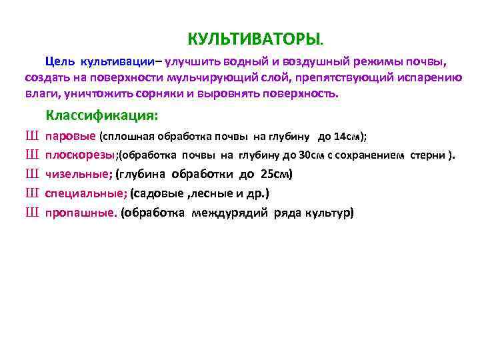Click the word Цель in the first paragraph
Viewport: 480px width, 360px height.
click(x=60, y=63)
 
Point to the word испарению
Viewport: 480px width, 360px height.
click(x=430, y=78)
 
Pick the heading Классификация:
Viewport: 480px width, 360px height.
click(x=101, y=115)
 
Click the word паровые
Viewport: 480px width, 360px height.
click(x=71, y=137)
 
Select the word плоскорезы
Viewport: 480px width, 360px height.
click(x=81, y=156)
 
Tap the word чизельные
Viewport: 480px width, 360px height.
click(x=79, y=175)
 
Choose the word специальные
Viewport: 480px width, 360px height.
click(x=86, y=194)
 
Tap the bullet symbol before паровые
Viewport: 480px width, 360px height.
click(x=31, y=137)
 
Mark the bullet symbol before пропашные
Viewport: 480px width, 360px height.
click(x=31, y=213)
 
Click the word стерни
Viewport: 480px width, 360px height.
click(x=428, y=156)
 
